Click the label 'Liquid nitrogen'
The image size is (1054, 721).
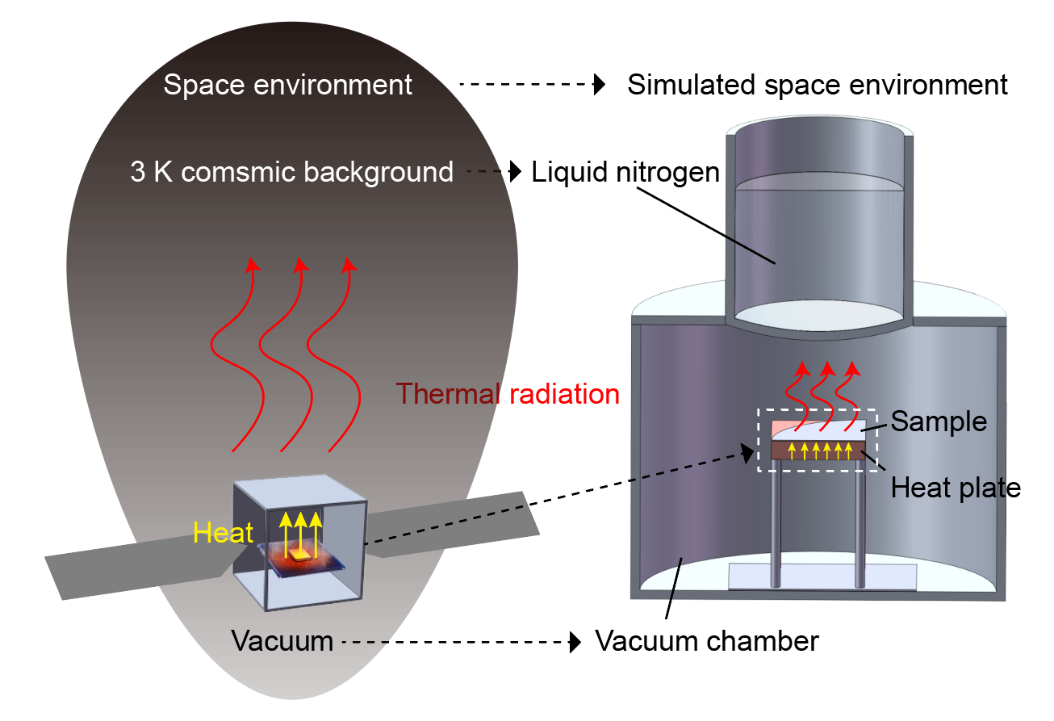pyautogui.click(x=625, y=172)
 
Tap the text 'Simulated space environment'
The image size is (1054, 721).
pyautogui.click(x=818, y=85)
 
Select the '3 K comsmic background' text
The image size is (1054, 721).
pyautogui.click(x=291, y=172)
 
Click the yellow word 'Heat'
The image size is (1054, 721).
pyautogui.click(x=223, y=533)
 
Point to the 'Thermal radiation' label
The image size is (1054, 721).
pyautogui.click(x=508, y=394)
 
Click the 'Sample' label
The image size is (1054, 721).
pyautogui.click(x=939, y=421)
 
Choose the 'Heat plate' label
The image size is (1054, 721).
pyautogui.click(x=956, y=488)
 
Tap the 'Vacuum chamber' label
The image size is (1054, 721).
pyautogui.click(x=706, y=642)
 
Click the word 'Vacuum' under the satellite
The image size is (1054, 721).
pyautogui.click(x=282, y=642)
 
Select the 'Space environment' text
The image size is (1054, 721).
pyautogui.click(x=287, y=85)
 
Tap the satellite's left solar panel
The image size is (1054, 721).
pyautogui.click(x=137, y=566)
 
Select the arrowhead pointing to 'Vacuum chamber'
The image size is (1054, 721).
pyautogui.click(x=575, y=642)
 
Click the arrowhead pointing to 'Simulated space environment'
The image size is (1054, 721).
pyautogui.click(x=599, y=85)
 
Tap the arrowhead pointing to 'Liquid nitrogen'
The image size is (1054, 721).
pyautogui.click(x=516, y=171)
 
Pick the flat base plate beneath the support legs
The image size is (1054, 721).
pyautogui.click(x=822, y=576)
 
